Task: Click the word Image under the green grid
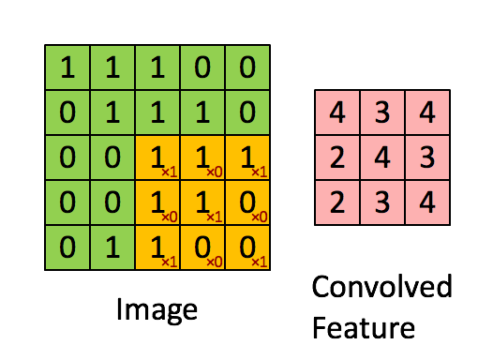(x=157, y=310)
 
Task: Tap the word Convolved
(x=382, y=286)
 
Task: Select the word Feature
(x=364, y=327)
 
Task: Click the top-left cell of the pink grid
(x=337, y=112)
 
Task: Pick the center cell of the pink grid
(x=382, y=157)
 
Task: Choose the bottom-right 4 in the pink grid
(x=427, y=202)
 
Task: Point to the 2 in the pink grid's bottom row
(x=337, y=202)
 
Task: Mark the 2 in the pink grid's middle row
(x=337, y=157)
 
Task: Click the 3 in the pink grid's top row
(x=382, y=112)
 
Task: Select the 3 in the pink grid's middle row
(x=427, y=157)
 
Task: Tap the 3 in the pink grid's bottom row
(x=382, y=202)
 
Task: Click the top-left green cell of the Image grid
(x=67, y=67)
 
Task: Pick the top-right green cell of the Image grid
(x=247, y=67)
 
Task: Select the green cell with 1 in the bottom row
(x=112, y=247)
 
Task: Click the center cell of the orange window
(x=202, y=202)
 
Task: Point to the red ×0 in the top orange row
(x=215, y=172)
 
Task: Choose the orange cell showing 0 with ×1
(x=247, y=247)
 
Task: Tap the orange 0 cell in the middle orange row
(x=247, y=202)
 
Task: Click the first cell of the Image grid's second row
(x=67, y=112)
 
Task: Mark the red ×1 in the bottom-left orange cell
(x=170, y=262)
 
